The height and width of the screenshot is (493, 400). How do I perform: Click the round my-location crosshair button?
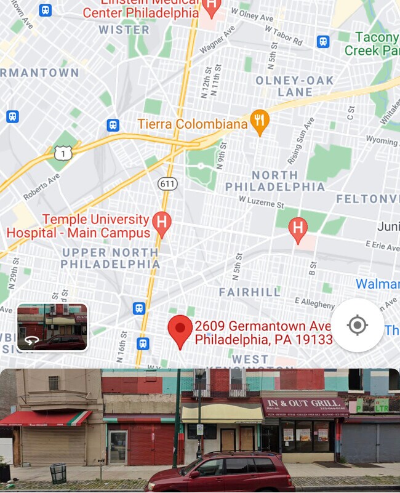point(357,325)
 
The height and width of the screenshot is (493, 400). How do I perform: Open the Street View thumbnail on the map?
point(52,327)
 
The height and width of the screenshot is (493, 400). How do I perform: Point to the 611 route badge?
point(166,183)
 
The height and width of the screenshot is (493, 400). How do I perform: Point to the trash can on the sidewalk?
point(58,473)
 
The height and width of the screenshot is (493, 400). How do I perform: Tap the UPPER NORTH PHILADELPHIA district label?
point(110,258)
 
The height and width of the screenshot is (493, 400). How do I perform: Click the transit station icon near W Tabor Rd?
point(323,41)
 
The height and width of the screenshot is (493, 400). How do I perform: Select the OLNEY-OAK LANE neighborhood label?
point(295,86)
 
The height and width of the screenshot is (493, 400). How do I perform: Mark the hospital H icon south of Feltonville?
point(298,228)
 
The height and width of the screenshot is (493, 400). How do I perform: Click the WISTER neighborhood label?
point(124,30)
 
